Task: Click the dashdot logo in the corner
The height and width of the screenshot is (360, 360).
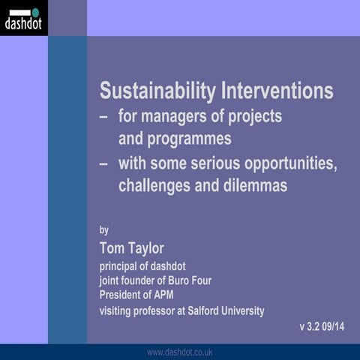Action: tap(23, 18)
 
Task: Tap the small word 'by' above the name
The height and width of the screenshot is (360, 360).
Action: tap(104, 229)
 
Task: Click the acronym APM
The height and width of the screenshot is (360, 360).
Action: tap(173, 294)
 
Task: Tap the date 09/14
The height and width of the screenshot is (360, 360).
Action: tap(338, 327)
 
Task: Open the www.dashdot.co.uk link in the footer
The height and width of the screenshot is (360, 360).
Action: tap(180, 352)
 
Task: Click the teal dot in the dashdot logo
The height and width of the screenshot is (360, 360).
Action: tap(35, 12)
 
